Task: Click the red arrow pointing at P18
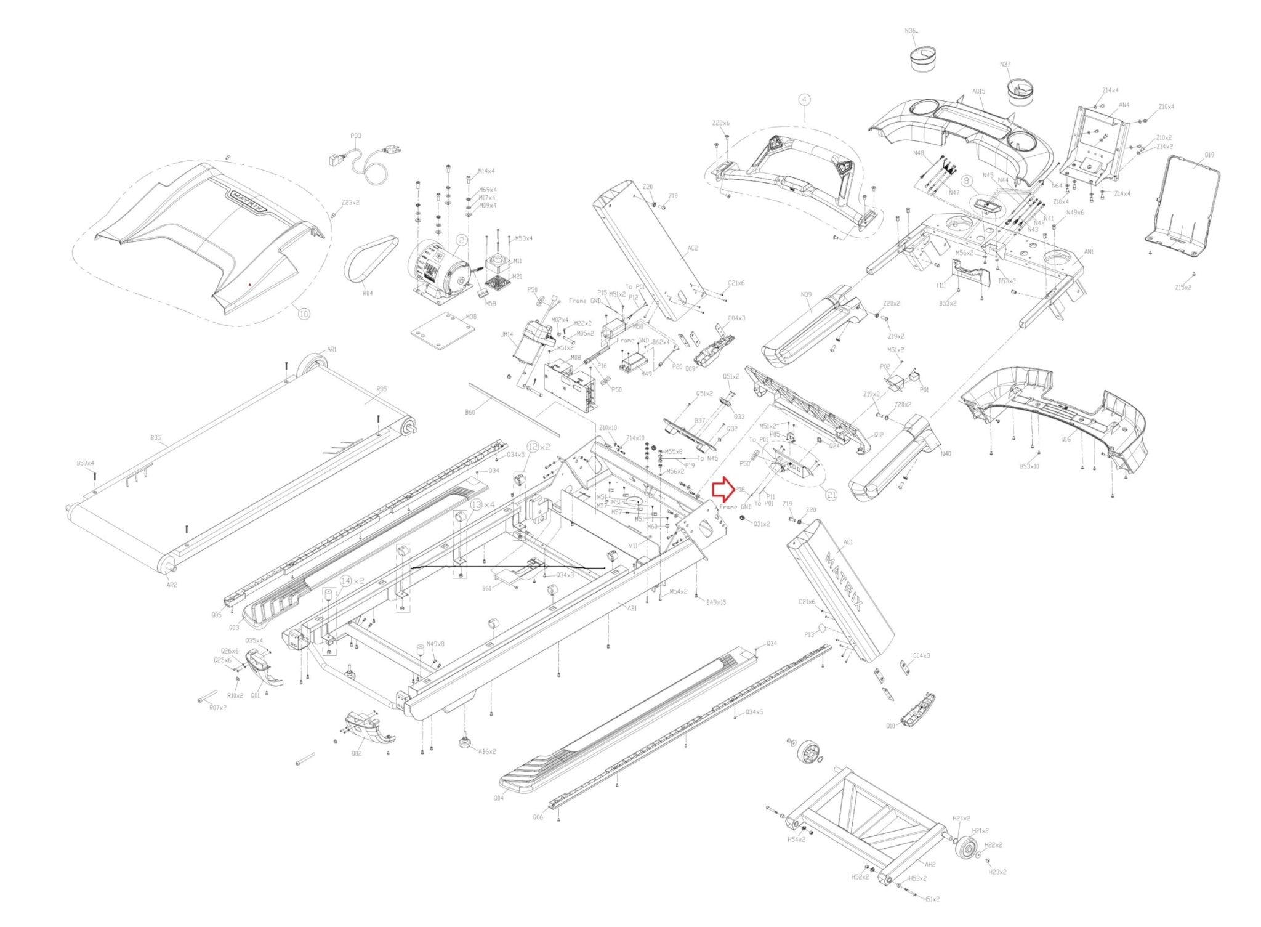pyautogui.click(x=722, y=490)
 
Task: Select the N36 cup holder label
pyautogui.click(x=911, y=30)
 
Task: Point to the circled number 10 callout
pyautogui.click(x=304, y=314)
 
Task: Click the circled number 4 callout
pyautogui.click(x=804, y=99)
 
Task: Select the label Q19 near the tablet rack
pyautogui.click(x=1209, y=155)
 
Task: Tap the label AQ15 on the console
pyautogui.click(x=978, y=91)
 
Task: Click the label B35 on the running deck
pyautogui.click(x=156, y=438)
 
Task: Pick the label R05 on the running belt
pyautogui.click(x=381, y=389)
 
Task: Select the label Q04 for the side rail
pyautogui.click(x=498, y=798)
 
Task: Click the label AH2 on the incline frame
pyautogui.click(x=930, y=864)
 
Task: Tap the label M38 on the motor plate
pyautogui.click(x=471, y=317)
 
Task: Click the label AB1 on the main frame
pyautogui.click(x=632, y=608)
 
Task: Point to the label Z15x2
pyautogui.click(x=1183, y=288)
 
